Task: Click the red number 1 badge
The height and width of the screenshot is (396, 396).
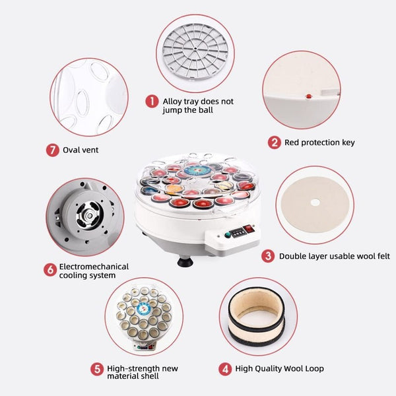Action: (152, 101)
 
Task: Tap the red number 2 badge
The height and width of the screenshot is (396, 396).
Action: (275, 143)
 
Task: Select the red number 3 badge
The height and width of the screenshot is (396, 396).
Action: (268, 256)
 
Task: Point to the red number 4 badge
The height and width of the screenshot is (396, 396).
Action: (225, 369)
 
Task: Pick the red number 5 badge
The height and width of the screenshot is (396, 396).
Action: (97, 369)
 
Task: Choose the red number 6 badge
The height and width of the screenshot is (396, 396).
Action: (50, 270)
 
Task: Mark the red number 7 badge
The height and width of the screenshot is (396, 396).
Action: (53, 150)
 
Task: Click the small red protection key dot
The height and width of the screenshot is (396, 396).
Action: (309, 96)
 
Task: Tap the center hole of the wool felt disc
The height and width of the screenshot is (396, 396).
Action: (315, 203)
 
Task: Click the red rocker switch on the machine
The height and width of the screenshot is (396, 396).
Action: (249, 229)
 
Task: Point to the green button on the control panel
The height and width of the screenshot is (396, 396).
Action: (228, 235)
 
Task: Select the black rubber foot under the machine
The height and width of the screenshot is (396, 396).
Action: (185, 261)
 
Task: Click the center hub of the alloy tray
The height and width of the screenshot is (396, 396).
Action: (195, 48)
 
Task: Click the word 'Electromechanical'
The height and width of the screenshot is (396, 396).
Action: (94, 267)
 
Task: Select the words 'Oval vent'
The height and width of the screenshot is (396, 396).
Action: (81, 150)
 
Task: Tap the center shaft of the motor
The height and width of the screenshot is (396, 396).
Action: (89, 216)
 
